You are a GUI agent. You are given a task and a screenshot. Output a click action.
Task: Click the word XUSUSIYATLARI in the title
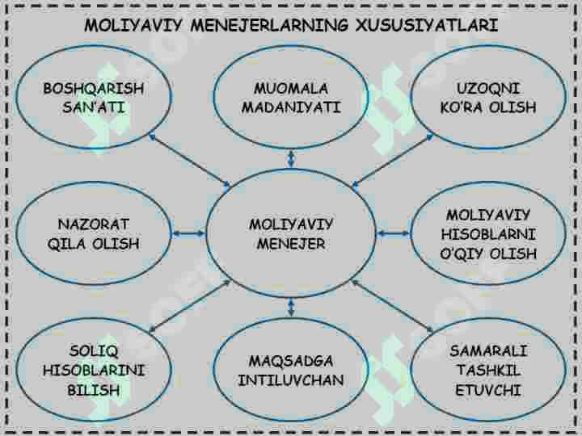(427, 26)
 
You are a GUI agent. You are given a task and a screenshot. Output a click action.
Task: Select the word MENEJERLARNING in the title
(269, 26)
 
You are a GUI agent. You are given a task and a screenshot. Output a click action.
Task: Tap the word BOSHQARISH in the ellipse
(94, 89)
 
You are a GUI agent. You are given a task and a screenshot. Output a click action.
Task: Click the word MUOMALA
(291, 89)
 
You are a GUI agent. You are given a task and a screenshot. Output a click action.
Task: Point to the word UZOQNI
(487, 89)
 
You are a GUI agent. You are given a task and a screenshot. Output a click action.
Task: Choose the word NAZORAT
(94, 224)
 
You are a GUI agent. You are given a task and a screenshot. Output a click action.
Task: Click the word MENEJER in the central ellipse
(291, 244)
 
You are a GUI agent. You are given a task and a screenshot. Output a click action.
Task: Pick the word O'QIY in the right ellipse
(462, 254)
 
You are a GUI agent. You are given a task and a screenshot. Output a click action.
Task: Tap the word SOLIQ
(94, 350)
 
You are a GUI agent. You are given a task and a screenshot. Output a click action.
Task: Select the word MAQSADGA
(291, 361)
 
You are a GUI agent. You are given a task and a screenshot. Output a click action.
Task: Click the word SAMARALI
(488, 350)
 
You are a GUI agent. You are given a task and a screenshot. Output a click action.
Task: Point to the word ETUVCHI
(488, 390)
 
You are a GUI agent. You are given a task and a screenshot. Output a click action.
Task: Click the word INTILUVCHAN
(291, 380)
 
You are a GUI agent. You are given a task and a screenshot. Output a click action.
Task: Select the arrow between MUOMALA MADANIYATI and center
(291, 158)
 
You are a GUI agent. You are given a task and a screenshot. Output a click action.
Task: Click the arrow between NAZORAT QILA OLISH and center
(189, 233)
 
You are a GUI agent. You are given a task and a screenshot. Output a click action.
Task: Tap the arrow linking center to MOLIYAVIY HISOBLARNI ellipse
(394, 233)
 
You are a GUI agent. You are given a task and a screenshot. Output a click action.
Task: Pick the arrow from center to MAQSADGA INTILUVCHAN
(291, 308)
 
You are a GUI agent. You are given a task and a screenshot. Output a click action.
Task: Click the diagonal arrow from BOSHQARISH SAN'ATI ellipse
(190, 161)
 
